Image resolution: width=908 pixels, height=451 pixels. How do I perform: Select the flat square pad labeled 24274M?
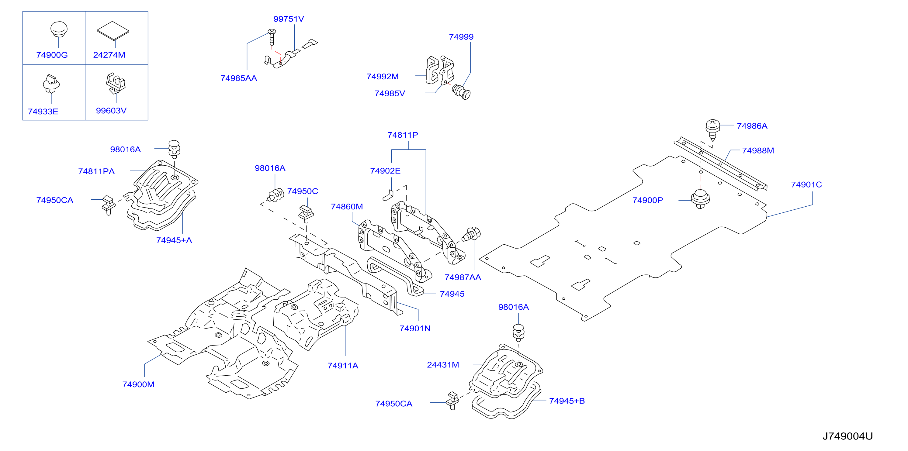tap(113, 31)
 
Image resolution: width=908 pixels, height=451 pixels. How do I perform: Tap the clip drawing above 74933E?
tap(51, 84)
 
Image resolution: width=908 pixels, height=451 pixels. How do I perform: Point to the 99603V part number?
tap(111, 111)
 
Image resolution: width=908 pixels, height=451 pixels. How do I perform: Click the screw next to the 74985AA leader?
tap(272, 37)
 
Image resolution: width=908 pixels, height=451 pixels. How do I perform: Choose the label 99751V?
tap(289, 19)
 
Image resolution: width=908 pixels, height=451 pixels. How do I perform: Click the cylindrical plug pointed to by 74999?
tap(461, 92)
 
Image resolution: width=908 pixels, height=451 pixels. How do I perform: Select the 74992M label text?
tap(383, 77)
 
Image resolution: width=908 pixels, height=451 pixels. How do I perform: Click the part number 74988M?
tap(758, 150)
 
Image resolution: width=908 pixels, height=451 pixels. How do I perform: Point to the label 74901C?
tap(806, 185)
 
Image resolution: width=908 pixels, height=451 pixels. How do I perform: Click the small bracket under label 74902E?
tap(388, 195)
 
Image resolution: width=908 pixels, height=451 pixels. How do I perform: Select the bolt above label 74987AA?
tap(471, 234)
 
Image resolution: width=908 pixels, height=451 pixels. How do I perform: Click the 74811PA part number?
tap(96, 171)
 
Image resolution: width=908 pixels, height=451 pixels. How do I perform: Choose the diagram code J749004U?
tap(847, 436)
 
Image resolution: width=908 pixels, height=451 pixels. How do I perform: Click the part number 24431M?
tap(443, 365)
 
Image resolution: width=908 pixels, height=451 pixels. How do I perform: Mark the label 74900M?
tap(138, 384)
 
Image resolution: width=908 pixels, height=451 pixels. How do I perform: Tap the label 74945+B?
tap(567, 401)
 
